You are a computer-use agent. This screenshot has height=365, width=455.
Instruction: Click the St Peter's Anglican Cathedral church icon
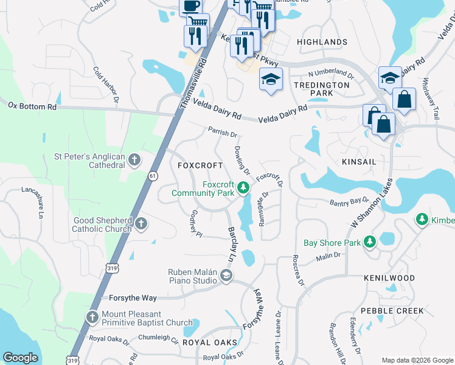(x=134, y=161)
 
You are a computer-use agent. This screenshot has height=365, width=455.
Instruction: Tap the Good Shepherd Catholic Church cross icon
(x=141, y=223)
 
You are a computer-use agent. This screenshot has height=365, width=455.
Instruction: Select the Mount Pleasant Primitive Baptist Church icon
(x=92, y=317)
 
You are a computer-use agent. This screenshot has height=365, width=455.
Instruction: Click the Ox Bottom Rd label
(x=32, y=106)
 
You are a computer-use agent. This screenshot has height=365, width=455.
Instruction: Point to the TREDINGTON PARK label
(x=322, y=89)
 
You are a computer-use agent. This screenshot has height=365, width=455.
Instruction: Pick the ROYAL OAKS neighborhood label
(x=209, y=342)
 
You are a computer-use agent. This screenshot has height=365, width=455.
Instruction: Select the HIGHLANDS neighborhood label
(x=322, y=41)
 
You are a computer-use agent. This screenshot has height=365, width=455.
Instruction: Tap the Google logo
(x=20, y=358)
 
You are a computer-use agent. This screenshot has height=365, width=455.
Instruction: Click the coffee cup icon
(x=190, y=6)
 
